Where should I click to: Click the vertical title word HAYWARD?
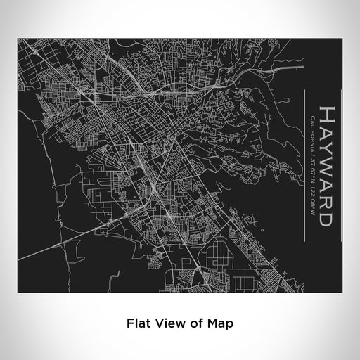pos(326,166)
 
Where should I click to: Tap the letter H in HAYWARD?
pos(326,114)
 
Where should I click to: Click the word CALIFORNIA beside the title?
pos(311,134)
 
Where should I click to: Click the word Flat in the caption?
pos(139,323)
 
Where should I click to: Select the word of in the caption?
pos(191,323)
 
